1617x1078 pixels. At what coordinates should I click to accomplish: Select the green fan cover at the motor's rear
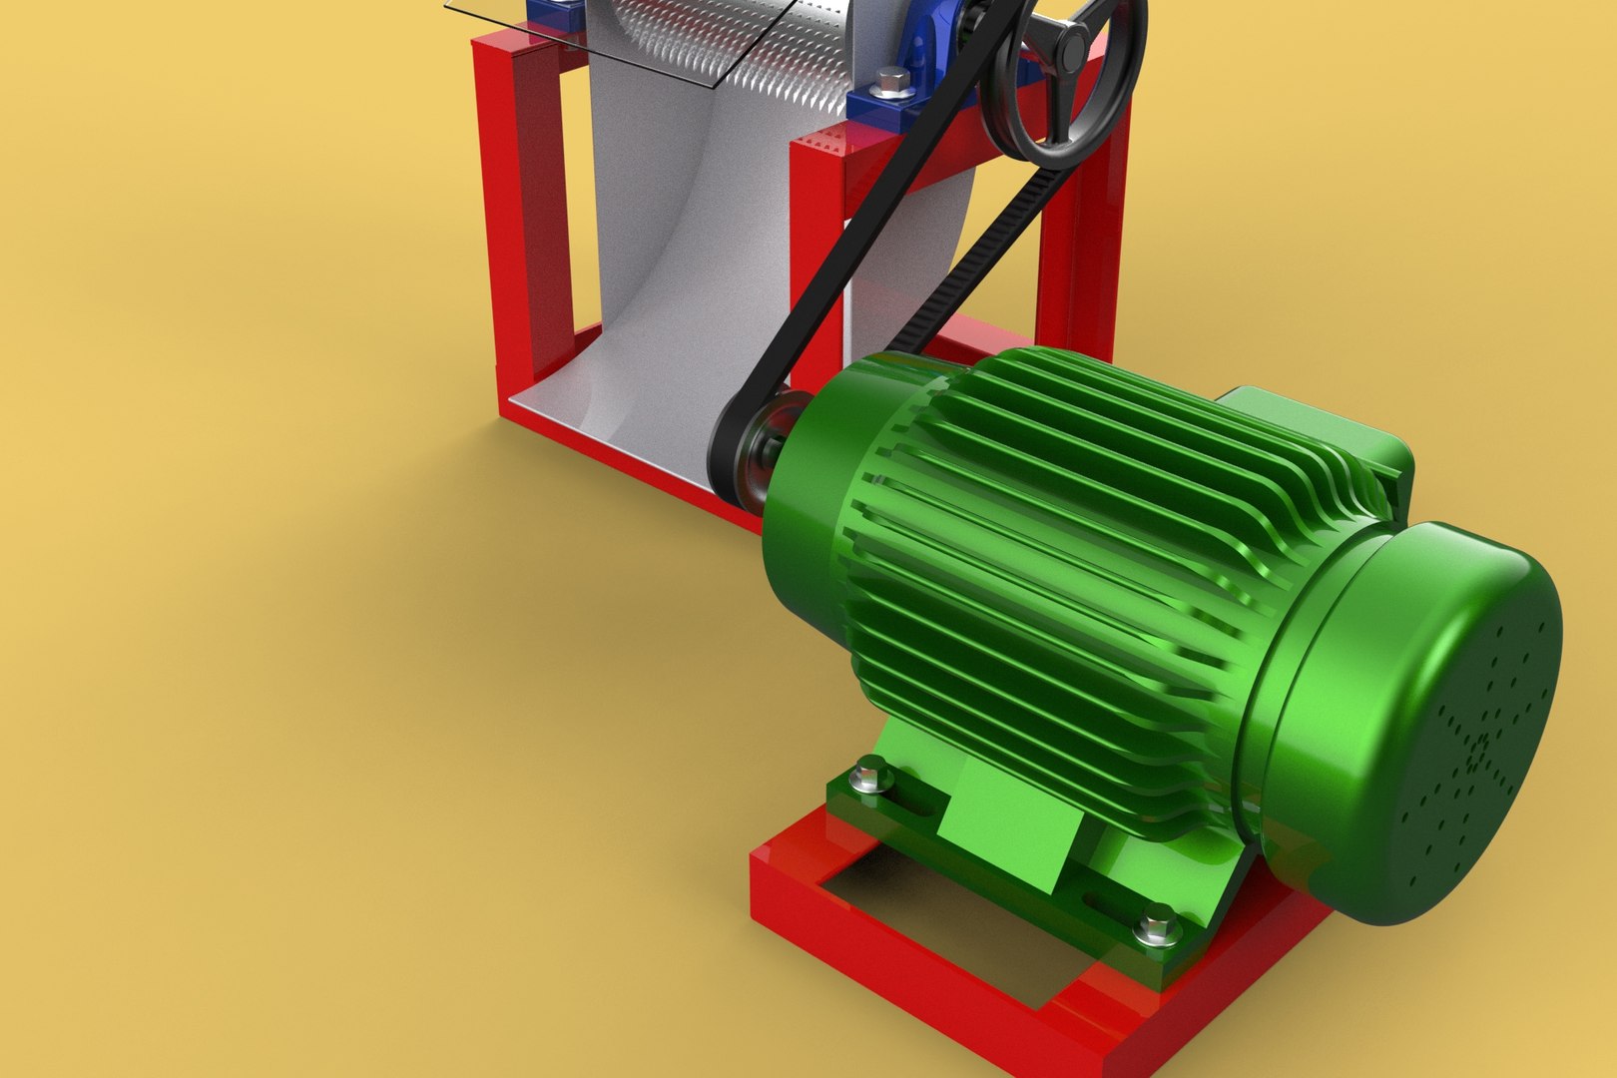pos(1427,719)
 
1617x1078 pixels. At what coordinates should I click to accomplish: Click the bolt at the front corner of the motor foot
pos(871,774)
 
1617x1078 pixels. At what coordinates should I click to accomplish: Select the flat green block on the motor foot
pos(1008,828)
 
